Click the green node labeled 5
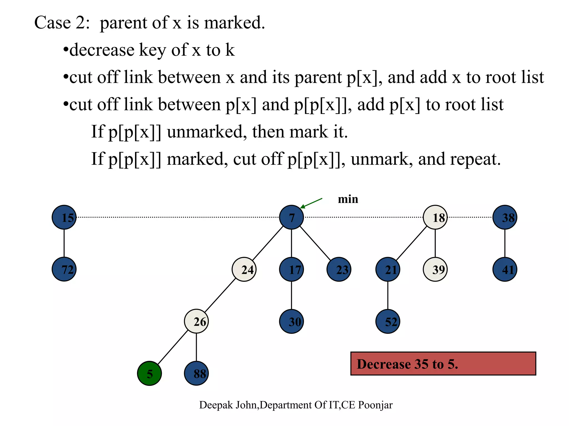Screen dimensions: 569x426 149,373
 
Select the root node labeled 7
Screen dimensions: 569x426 291,217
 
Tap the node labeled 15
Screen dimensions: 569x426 64,217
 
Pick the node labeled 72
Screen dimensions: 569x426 64,269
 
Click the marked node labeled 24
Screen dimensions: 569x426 244,269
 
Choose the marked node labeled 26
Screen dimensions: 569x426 196,321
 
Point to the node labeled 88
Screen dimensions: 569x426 196,373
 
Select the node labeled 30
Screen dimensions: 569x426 291,321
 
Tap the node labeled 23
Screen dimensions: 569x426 339,269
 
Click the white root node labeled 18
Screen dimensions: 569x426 435,217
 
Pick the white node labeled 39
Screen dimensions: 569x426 435,269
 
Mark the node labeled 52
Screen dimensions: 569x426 388,321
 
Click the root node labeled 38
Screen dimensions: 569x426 505,217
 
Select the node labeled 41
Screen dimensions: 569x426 505,269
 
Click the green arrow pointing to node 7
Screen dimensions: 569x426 311,203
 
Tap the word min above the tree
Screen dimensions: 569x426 348,199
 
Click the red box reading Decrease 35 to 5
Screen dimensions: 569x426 443,364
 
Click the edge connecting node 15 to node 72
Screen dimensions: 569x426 64,243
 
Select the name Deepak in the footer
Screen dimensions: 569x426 216,405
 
